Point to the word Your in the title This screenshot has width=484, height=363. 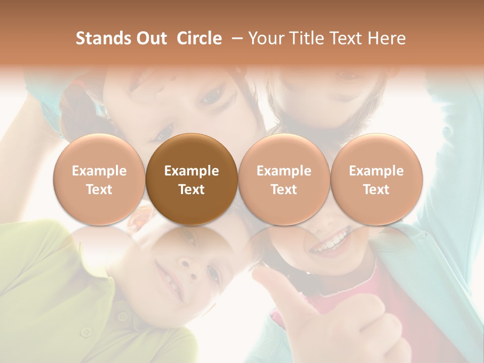tap(265, 38)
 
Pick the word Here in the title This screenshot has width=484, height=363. tap(387, 38)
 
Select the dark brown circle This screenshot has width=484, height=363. tap(192, 179)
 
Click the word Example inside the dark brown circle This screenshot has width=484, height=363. tap(192, 171)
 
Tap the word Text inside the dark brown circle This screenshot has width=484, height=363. tap(192, 190)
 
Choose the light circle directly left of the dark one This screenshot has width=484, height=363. tap(99, 179)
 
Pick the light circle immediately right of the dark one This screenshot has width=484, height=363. tap(284, 179)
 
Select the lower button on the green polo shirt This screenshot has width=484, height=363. tap(87, 332)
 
